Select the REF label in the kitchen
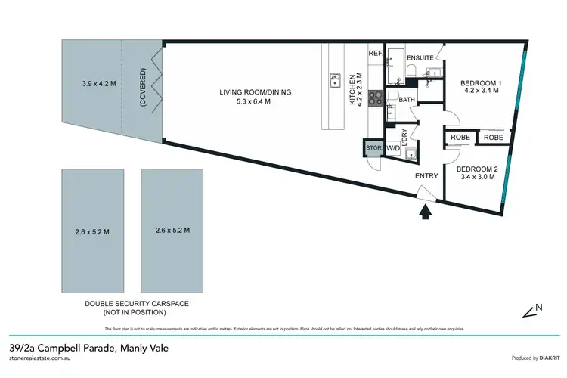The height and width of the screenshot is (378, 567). pyautogui.click(x=375, y=54)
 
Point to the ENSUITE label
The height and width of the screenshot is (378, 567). pyautogui.click(x=420, y=57)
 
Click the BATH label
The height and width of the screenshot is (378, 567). pyautogui.click(x=406, y=99)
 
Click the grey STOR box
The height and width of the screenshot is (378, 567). pyautogui.click(x=373, y=148)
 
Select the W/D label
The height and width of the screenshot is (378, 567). pyautogui.click(x=393, y=149)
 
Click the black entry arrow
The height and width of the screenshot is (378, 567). pyautogui.click(x=424, y=212)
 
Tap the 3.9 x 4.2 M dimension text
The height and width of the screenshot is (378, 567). pyautogui.click(x=98, y=84)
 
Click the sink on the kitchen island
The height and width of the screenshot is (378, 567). pyautogui.click(x=333, y=81)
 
